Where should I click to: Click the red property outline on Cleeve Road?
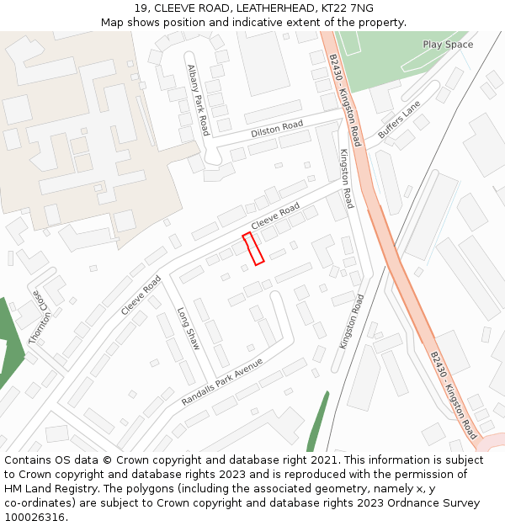(x=253, y=248)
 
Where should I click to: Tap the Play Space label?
(x=448, y=45)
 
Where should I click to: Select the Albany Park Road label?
(x=198, y=100)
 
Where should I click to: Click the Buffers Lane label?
(x=398, y=120)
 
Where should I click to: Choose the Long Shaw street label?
(x=188, y=328)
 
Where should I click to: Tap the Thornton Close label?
(x=40, y=318)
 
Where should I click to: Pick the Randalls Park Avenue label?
(x=222, y=381)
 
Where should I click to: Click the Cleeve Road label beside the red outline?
(x=275, y=216)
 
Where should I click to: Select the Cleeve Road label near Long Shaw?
(x=141, y=295)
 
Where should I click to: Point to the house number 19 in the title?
(x=140, y=8)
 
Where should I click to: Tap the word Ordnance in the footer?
(x=385, y=503)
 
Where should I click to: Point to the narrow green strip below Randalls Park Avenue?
(x=317, y=422)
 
